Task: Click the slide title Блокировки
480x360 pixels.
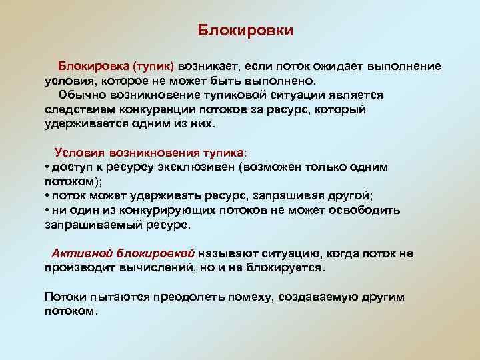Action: click(x=246, y=31)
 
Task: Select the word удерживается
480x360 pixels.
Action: click(x=86, y=123)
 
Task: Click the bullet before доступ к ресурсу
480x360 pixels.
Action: click(x=47, y=167)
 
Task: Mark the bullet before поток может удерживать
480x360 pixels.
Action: click(x=47, y=195)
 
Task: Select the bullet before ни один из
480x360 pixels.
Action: click(x=47, y=210)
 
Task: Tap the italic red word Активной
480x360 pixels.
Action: click(x=83, y=253)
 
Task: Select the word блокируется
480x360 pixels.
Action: click(x=287, y=268)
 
